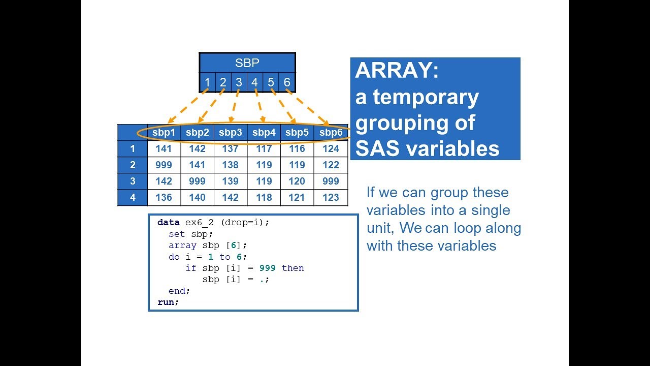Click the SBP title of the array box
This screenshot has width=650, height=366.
click(x=247, y=63)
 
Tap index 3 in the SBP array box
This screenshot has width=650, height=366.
click(x=239, y=82)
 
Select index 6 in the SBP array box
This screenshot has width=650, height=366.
click(x=287, y=82)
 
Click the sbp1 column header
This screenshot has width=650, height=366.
click(x=164, y=133)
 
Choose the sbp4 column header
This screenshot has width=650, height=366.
click(x=264, y=133)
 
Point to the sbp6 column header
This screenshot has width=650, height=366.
click(x=331, y=133)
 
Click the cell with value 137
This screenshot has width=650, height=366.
click(x=230, y=149)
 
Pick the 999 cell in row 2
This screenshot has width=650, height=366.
click(x=164, y=165)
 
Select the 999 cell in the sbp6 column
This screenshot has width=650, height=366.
click(x=331, y=181)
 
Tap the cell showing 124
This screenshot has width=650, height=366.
click(x=331, y=149)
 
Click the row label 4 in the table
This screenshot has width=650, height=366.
click(x=133, y=198)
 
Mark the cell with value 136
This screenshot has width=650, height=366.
click(x=164, y=198)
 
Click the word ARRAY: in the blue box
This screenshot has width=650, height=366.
click(x=397, y=71)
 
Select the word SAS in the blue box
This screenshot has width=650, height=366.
click(x=377, y=148)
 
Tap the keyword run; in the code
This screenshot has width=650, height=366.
click(x=168, y=302)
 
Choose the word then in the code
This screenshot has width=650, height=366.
click(x=293, y=268)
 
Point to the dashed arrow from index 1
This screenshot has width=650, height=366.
click(x=187, y=107)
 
